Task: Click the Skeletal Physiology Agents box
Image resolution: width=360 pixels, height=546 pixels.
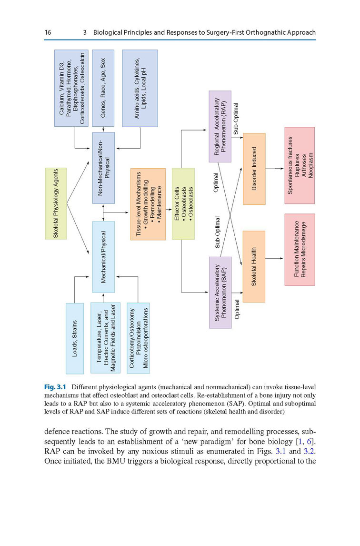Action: [x=56, y=203]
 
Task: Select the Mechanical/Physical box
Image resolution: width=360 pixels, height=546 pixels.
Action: [x=103, y=257]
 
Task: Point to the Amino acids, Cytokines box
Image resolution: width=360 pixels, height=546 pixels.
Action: [x=140, y=88]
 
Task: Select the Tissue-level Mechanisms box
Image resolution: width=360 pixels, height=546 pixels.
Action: [x=148, y=204]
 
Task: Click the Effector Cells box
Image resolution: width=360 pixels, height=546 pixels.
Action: [x=183, y=203]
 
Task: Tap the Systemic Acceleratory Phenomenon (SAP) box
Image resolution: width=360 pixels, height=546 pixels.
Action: [x=220, y=292]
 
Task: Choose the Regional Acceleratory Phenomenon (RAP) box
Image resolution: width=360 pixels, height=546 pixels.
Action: [x=220, y=126]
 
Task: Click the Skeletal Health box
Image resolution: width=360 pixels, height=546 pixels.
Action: [x=254, y=266]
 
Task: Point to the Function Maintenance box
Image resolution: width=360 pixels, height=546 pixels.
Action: [x=300, y=249]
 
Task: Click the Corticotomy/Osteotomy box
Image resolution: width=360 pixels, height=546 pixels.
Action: [x=138, y=338]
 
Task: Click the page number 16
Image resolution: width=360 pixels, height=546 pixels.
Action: [x=48, y=33]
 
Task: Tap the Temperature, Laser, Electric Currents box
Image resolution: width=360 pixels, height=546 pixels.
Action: [x=105, y=338]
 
